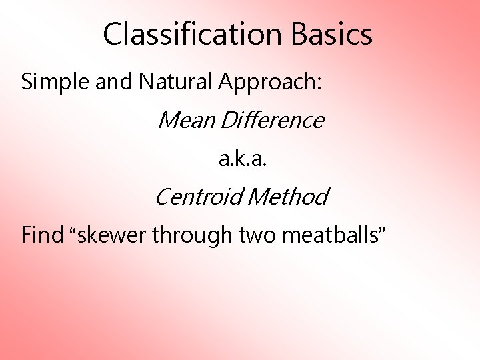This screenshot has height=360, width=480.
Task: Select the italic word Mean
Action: (186, 121)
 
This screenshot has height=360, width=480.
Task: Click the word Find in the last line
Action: (41, 235)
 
